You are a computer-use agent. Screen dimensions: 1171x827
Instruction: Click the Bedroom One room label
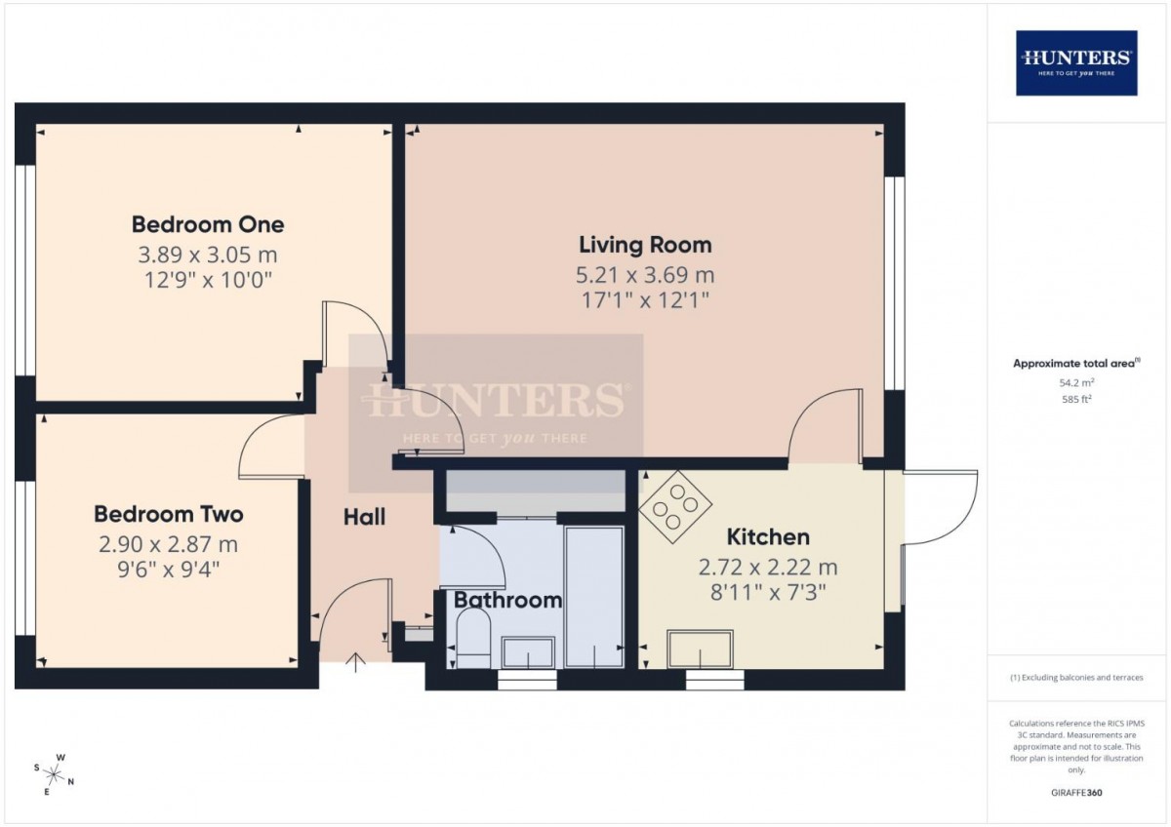[x=208, y=224]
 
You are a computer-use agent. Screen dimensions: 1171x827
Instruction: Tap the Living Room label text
[x=645, y=245]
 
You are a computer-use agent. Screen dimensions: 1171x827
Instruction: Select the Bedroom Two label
[x=168, y=515]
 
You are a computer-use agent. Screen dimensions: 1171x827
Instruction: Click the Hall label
[x=364, y=517]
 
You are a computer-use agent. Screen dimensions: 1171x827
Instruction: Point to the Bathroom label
[x=507, y=600]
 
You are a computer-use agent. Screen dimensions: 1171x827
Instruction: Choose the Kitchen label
[x=768, y=537]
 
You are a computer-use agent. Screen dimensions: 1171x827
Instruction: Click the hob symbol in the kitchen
[x=675, y=506]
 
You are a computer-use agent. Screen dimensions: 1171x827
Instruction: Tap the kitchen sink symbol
[x=700, y=649]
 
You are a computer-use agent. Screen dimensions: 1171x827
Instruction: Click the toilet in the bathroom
[x=473, y=640]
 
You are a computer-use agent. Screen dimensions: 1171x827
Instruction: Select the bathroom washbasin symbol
[x=528, y=652]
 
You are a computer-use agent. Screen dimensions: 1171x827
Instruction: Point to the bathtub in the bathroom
[x=595, y=597]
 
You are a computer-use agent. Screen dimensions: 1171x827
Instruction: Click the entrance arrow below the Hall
[x=355, y=662]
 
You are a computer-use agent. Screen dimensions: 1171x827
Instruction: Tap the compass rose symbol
[x=54, y=774]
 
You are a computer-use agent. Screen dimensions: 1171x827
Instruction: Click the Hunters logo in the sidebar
[x=1076, y=63]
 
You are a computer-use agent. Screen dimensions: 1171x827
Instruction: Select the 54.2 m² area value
[x=1077, y=382]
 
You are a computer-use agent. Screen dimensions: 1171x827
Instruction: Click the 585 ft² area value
[x=1077, y=399]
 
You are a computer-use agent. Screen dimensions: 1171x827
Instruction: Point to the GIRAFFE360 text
[x=1076, y=793]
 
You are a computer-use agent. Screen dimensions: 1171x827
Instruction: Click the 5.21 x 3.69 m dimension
[x=645, y=275]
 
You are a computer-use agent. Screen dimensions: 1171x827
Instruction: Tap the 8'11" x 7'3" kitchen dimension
[x=768, y=592]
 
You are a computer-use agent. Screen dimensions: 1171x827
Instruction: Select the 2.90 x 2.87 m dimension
[x=168, y=544]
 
